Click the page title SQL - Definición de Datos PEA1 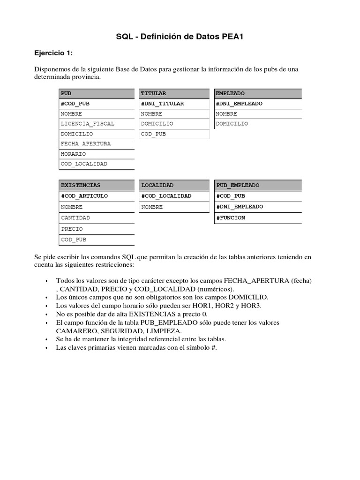coord(180,37)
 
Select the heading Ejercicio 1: coord(53,53)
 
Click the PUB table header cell coord(97,93)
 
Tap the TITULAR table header coord(174,93)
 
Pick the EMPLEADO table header coord(258,93)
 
